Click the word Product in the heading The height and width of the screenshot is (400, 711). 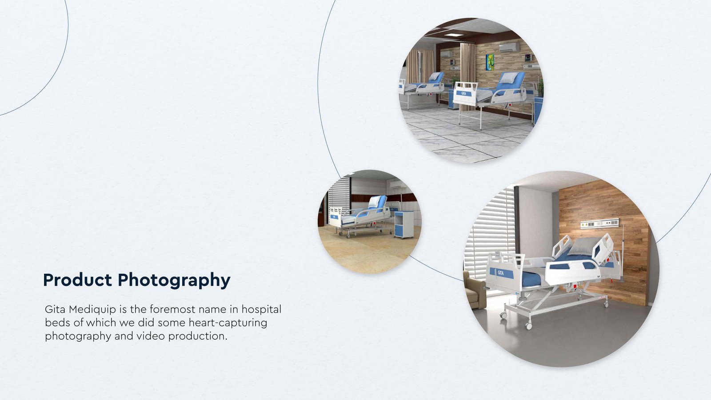tap(77, 280)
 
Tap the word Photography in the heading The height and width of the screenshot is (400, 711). tap(174, 281)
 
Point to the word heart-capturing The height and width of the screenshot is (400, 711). tap(228, 323)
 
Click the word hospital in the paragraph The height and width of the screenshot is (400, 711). tap(261, 309)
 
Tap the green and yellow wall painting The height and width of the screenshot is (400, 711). tap(490, 62)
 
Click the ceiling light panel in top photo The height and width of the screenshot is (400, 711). tap(453, 35)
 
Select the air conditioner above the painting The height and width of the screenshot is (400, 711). tap(509, 47)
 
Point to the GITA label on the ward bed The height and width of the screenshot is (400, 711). tap(464, 93)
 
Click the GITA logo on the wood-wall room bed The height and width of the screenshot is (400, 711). tap(501, 273)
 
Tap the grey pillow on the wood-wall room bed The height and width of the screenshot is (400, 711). tap(583, 247)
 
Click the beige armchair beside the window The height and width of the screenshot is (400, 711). tap(474, 289)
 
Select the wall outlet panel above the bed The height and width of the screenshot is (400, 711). tap(599, 224)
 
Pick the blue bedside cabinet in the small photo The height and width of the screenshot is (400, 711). tap(404, 224)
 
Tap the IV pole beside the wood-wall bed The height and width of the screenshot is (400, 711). tap(623, 253)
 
